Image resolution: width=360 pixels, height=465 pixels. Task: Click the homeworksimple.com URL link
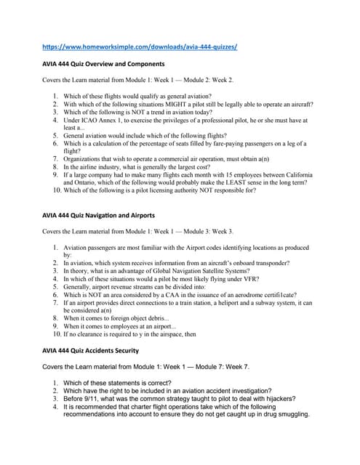coord(140,47)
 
